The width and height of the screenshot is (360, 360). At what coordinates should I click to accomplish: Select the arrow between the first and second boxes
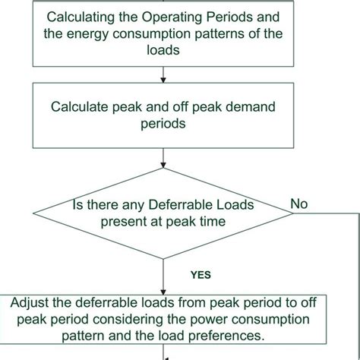(164, 74)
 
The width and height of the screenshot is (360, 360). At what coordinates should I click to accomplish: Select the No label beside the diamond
(299, 204)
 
